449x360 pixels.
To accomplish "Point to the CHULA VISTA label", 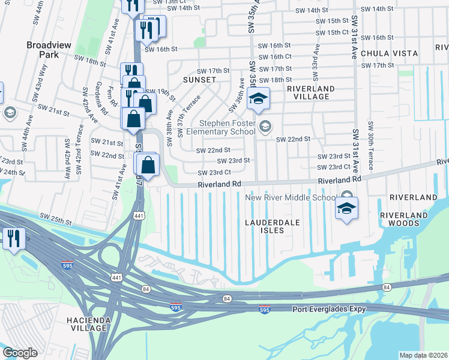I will [x=389, y=53].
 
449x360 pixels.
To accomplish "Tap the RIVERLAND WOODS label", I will [x=409, y=219].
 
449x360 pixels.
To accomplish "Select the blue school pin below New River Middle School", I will [x=346, y=208].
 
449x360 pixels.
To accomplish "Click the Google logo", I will [x=20, y=353].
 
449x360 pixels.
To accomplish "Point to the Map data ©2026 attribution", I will [x=423, y=355].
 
